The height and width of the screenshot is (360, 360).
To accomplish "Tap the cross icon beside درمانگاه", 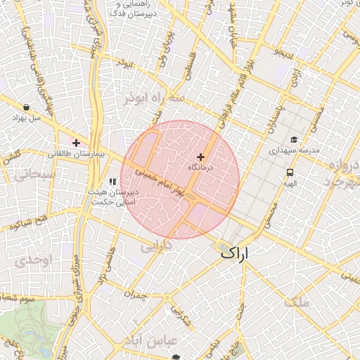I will [x=201, y=157].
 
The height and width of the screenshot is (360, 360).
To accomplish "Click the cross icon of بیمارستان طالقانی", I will [x=76, y=143].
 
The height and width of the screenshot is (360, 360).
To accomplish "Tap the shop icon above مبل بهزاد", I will [x=26, y=108].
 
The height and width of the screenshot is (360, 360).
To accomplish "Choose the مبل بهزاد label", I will [x=27, y=118].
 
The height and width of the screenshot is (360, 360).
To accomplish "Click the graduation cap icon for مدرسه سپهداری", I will [x=294, y=139].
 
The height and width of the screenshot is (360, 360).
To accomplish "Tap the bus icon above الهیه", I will [x=290, y=172].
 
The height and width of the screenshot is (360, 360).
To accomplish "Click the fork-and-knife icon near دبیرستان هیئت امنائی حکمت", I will [x=112, y=181].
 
